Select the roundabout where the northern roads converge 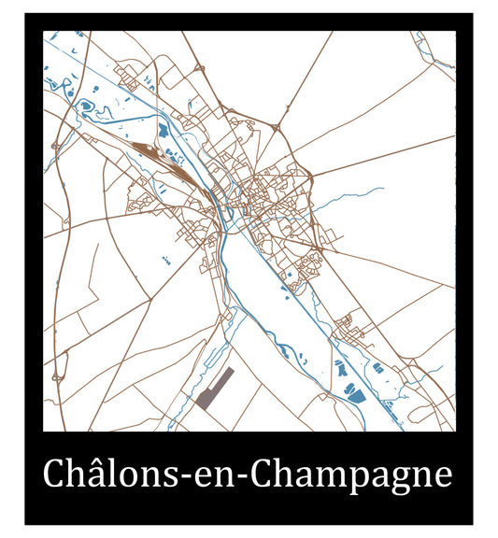point(277,126)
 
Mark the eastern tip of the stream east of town point(382,190)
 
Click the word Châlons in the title point(108,475)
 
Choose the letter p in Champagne point(349,482)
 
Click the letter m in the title point(322,478)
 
